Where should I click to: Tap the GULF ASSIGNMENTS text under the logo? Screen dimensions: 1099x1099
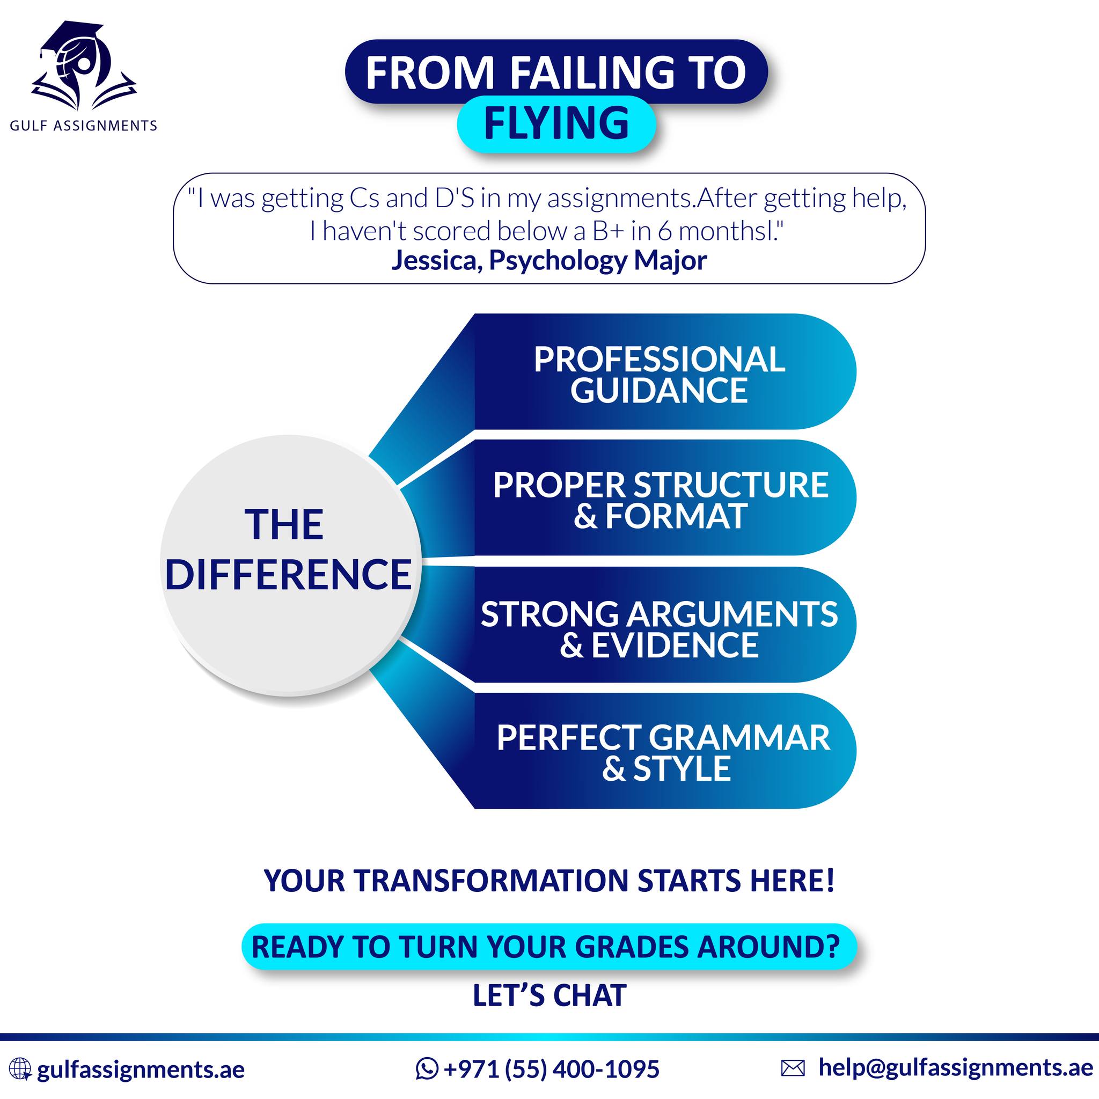coord(84,126)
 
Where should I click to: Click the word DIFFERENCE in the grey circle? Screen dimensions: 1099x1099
coord(288,574)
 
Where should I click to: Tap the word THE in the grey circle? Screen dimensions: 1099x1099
coord(284,524)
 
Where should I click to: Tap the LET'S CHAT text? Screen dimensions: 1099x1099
coord(549,996)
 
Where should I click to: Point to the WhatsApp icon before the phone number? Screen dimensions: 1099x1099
coord(427,1068)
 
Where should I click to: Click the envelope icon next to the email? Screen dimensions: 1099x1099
coord(793,1068)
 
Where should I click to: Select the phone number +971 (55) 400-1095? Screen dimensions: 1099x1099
coord(551,1069)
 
